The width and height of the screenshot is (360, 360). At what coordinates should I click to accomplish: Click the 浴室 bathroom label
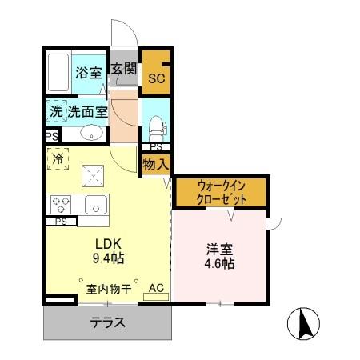point(89,73)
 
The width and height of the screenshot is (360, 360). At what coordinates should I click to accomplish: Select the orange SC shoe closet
point(155,77)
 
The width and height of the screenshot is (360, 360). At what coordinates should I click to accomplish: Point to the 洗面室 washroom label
point(87,112)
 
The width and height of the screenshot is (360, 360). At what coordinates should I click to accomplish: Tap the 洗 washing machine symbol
point(55,112)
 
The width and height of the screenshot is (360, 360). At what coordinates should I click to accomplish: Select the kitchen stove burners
point(62,204)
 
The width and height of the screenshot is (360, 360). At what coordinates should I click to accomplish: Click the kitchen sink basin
point(96,204)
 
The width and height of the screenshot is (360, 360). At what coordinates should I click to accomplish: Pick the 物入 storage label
point(155,165)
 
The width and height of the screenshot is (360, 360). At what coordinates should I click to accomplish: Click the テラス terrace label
point(106,325)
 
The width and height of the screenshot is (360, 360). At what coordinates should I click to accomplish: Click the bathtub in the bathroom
point(58,73)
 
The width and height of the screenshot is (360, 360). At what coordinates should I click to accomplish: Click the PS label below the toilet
point(156,147)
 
